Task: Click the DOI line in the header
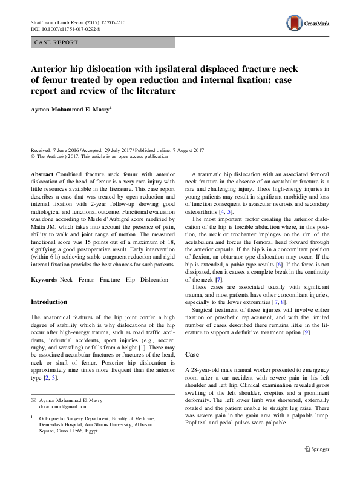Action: [x=65, y=28]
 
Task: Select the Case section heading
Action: [x=191, y=354]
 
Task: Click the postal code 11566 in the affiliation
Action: [x=94, y=432]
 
